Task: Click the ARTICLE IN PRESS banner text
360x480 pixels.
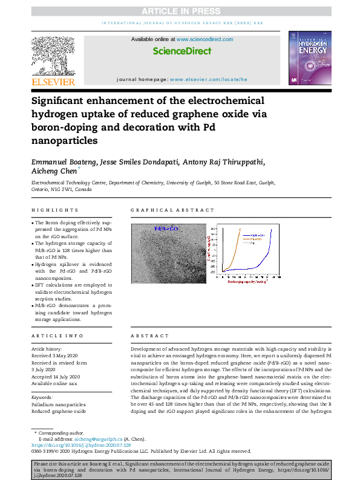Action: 180,11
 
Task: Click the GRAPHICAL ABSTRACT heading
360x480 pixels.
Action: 164,210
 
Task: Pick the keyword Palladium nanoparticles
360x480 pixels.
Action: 58,404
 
